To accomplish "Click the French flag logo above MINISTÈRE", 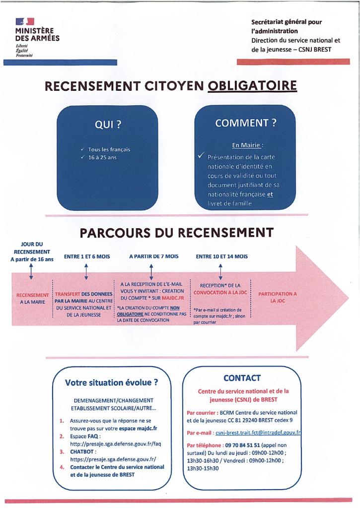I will click(24, 21).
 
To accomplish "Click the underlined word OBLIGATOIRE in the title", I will click(252, 86).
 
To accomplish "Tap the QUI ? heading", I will click(108, 125).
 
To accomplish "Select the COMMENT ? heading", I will click(245, 123).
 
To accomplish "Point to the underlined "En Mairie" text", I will click(247, 145).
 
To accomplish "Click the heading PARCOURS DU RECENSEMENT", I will click(176, 232).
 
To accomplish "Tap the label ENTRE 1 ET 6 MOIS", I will click(87, 256).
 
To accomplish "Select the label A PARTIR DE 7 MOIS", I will click(153, 256).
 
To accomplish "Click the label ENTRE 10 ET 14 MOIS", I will click(221, 256).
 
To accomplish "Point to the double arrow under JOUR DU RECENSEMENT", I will click(31, 271).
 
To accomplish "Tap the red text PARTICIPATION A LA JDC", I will click(277, 297).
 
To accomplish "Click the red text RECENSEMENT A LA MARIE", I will click(32, 298).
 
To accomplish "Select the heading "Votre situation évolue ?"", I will click(112, 382).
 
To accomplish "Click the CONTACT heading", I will click(242, 378).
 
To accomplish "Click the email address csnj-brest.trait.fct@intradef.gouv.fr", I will click(258, 433).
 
